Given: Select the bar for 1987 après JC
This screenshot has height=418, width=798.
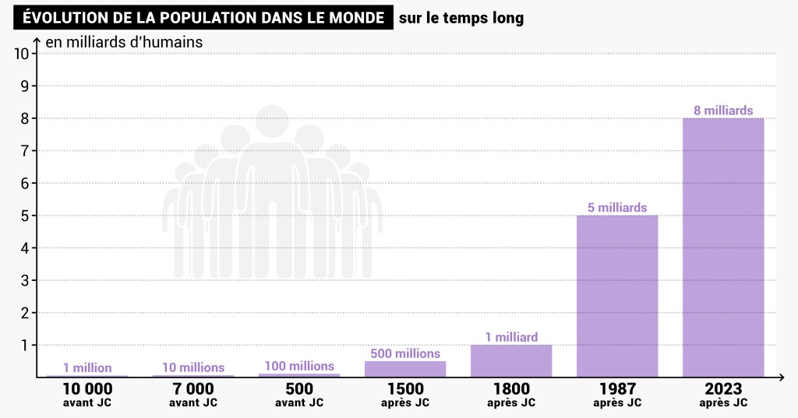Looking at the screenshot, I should (617, 296).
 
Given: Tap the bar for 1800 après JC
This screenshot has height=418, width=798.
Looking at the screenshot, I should (511, 361).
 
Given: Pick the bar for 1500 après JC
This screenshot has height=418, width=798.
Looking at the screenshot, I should (405, 369).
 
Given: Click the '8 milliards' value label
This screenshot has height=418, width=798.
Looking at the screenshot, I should (723, 111).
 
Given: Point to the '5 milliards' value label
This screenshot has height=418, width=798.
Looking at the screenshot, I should (617, 208).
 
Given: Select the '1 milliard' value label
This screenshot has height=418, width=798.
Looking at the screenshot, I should (511, 337).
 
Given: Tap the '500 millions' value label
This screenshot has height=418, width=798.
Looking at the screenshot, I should (405, 353).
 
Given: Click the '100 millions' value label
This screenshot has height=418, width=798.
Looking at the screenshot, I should (299, 366).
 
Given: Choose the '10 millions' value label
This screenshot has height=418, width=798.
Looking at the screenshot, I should (193, 367).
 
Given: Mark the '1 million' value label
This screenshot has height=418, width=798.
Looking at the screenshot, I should (87, 368).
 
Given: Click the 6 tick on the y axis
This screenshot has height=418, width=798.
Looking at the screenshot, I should (23, 183).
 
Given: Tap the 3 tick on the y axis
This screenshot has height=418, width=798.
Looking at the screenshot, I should (23, 280).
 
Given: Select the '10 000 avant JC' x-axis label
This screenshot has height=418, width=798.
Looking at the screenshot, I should (87, 395).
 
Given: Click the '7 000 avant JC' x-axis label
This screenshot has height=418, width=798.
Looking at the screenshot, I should (193, 395).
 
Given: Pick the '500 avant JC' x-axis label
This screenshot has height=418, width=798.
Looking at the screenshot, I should (299, 395).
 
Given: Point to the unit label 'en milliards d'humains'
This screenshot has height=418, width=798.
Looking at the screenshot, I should (124, 42).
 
